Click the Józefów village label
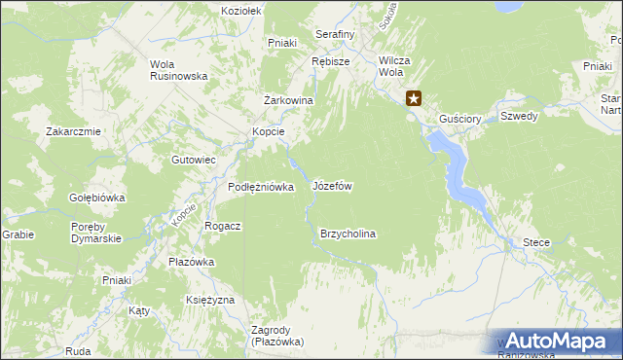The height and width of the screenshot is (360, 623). coord(332,185)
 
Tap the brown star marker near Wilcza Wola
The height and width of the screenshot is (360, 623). coord(414,97)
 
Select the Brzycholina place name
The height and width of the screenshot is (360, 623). coord(348,234)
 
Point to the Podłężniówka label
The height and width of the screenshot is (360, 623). coord(261,187)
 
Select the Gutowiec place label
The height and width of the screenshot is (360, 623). coord(193,160)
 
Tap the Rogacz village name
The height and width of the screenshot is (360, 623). coord(223,226)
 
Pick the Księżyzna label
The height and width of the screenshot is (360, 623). coord(210,300)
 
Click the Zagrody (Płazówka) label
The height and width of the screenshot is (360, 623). coord(277,336)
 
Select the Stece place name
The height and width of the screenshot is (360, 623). coord(536,242)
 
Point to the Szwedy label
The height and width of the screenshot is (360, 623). coord(519,115)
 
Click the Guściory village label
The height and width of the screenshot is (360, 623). coord(460,119)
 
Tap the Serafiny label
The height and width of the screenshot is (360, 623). coord(335,34)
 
